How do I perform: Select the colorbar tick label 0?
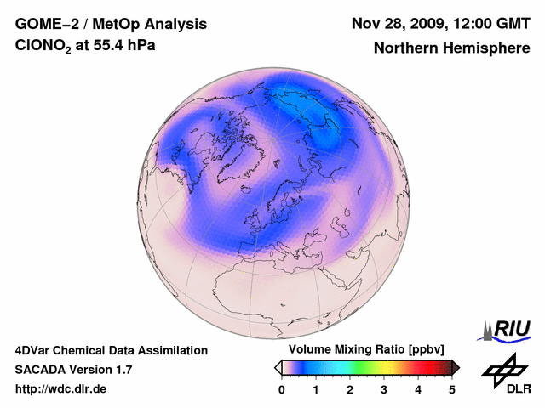coord(282,389)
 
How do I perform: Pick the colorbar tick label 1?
coord(316,389)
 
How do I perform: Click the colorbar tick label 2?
coord(350,389)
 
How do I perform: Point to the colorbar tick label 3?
coord(384,389)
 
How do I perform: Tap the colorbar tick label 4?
coord(418,389)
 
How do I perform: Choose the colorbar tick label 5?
coord(452,389)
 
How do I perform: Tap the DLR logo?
coord(503,375)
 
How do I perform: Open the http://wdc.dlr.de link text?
coord(60,389)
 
